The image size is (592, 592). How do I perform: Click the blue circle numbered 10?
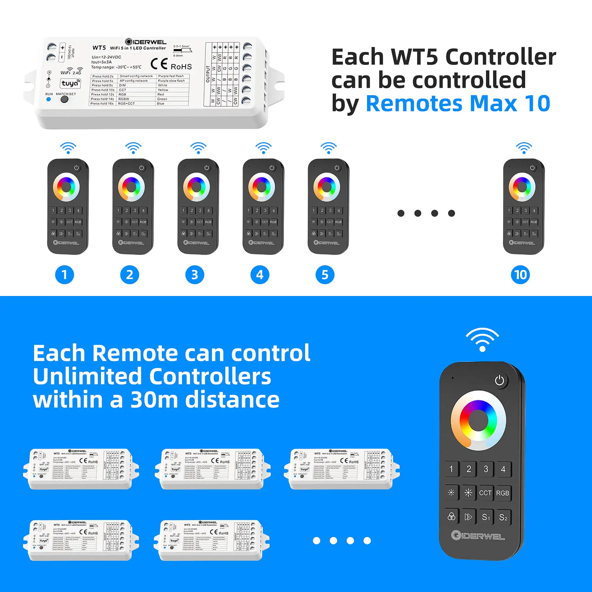(520, 275)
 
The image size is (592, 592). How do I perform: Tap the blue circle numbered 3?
(194, 275)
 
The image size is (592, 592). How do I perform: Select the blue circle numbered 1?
(64, 275)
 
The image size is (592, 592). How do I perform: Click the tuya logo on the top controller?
(70, 83)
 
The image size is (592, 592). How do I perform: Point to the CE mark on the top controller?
(159, 64)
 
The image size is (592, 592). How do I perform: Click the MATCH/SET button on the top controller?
(64, 99)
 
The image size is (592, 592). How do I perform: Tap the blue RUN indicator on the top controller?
(49, 99)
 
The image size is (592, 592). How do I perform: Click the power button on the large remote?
(499, 381)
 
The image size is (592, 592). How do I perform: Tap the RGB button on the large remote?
(503, 493)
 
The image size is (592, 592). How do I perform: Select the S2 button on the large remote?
(503, 517)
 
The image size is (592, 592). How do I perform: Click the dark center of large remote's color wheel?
(478, 420)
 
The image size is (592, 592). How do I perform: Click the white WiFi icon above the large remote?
(482, 340)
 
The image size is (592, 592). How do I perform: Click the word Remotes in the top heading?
(414, 104)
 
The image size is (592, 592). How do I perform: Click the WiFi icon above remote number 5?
(329, 148)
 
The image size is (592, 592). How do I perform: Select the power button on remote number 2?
(141, 168)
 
